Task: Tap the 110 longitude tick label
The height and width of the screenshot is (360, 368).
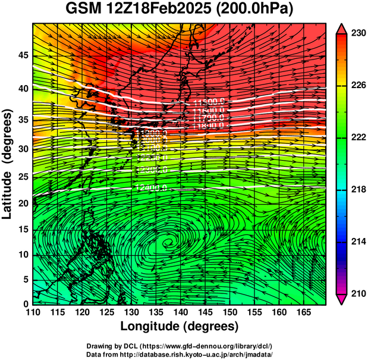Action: [33, 312]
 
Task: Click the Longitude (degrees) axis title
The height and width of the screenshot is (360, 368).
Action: [180, 327]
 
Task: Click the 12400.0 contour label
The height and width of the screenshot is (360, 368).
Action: [151, 187]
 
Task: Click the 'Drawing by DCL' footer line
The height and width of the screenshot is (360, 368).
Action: [180, 346]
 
